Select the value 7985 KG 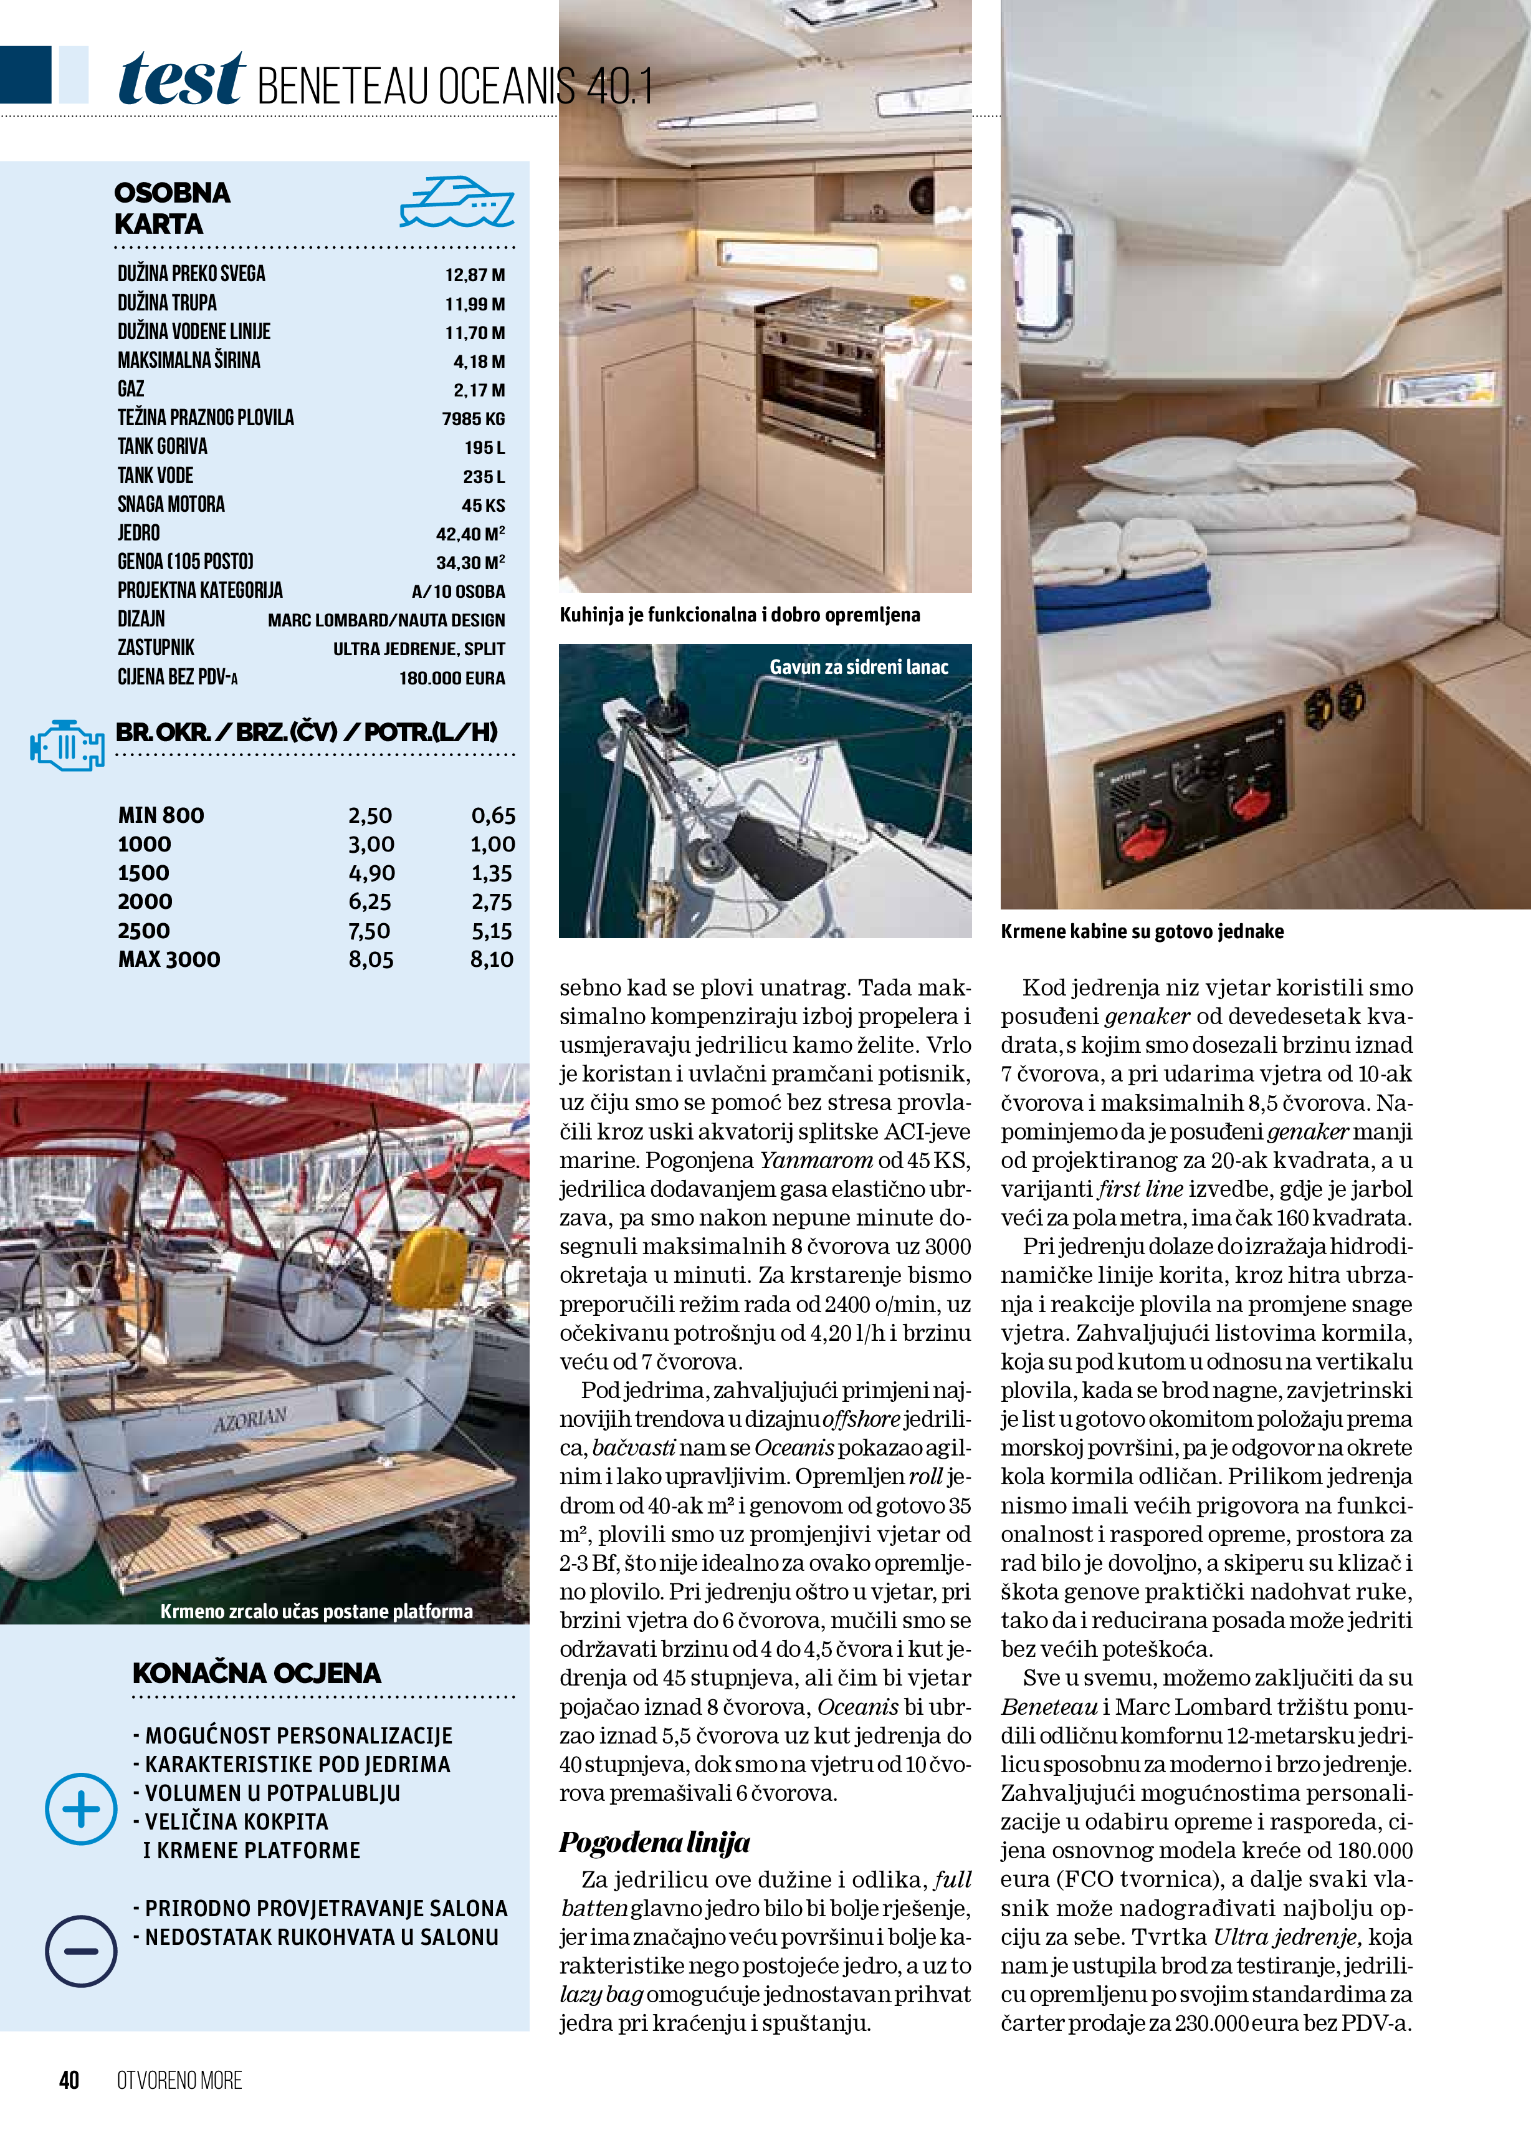click(x=474, y=419)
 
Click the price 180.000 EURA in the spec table click(x=452, y=678)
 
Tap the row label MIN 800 click(x=161, y=815)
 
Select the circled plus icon click(x=81, y=1808)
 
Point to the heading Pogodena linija click(x=655, y=1842)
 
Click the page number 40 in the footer click(x=69, y=2080)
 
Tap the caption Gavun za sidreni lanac click(x=858, y=666)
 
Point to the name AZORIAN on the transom click(x=249, y=1419)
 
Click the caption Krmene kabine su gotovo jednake click(x=1142, y=931)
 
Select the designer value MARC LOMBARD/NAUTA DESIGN click(x=386, y=620)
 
